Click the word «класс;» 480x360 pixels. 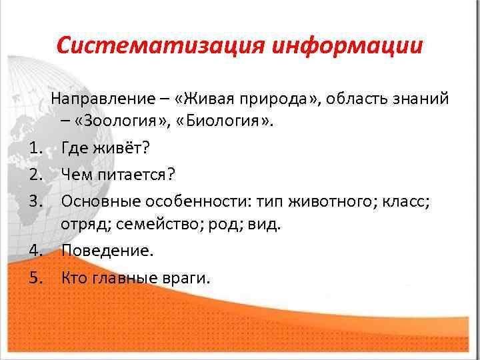pyautogui.click(x=408, y=199)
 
